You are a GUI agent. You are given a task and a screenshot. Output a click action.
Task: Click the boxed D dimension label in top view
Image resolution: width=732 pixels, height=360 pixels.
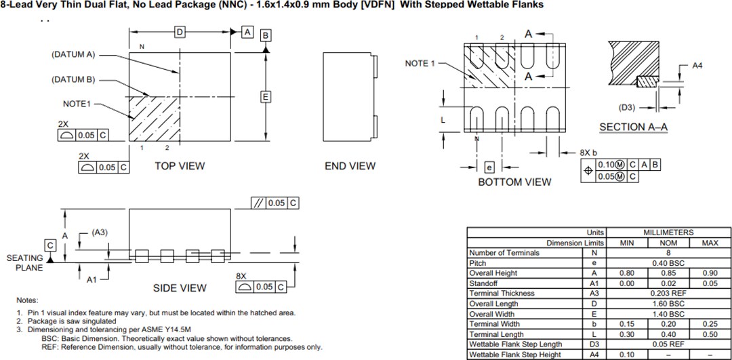[x=180, y=33]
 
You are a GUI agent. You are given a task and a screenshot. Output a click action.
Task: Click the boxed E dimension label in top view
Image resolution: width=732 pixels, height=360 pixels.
[x=266, y=97]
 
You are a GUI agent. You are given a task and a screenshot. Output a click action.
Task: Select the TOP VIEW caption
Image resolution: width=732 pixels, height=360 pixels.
[x=180, y=166]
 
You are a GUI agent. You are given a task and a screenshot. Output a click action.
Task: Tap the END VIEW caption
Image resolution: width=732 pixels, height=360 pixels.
[x=350, y=166]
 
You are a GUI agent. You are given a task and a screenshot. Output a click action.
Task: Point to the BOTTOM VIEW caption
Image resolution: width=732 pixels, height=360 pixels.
[x=514, y=182]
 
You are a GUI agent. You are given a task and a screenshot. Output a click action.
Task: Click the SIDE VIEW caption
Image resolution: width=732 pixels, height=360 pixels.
[x=180, y=288]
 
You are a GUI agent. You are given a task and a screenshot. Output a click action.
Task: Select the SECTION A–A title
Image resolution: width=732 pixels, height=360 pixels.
[x=632, y=127]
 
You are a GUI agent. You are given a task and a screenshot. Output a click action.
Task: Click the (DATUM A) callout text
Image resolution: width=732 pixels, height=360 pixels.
[x=73, y=54]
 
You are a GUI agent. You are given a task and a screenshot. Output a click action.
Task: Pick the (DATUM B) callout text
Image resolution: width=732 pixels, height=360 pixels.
[x=73, y=79]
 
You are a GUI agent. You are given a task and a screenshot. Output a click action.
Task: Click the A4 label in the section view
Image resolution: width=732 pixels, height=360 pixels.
[x=697, y=66]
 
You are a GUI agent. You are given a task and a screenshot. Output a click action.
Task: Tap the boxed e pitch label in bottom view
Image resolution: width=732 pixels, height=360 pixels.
[x=489, y=167]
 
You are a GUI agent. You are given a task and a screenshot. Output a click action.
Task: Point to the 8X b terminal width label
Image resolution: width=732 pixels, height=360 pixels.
[x=588, y=153]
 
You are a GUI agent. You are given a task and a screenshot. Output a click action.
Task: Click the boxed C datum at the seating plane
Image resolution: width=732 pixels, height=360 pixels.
[x=50, y=245]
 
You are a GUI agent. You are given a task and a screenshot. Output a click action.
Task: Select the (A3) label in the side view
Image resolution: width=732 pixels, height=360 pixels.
[x=100, y=233]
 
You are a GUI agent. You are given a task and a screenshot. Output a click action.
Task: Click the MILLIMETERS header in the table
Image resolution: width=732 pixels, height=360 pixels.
[x=668, y=233]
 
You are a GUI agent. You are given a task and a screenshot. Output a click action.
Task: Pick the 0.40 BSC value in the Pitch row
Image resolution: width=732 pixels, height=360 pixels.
[x=668, y=262]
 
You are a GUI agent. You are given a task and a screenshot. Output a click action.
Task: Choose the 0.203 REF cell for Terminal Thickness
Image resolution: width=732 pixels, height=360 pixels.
[x=668, y=293]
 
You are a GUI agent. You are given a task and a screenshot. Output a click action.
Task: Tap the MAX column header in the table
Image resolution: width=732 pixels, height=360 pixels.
[x=710, y=243]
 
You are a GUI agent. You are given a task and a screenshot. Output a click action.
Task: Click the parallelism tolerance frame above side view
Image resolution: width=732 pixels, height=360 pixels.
[x=275, y=203]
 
